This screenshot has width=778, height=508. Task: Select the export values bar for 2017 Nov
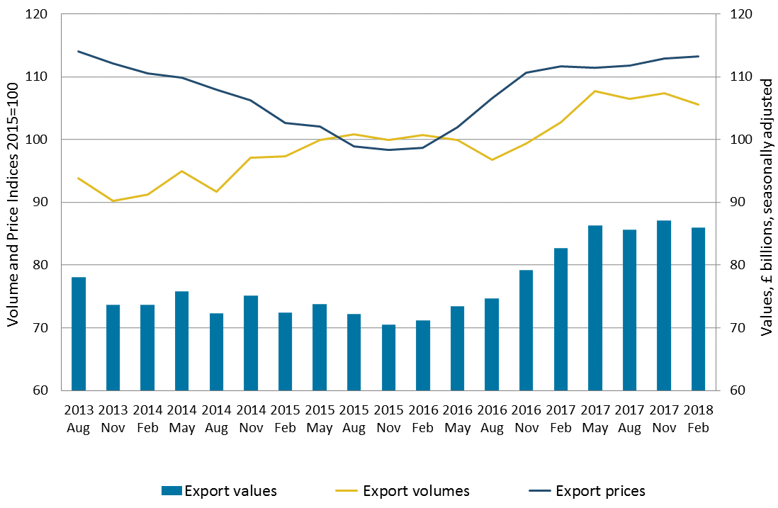pos(664,305)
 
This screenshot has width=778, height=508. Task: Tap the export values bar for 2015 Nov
pos(388,358)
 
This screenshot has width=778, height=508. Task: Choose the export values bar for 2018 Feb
pos(698,309)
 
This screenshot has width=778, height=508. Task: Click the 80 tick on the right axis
pos(733,265)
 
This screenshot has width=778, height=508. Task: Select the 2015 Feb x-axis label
pos(285,419)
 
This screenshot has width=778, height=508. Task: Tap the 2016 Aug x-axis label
pos(492,419)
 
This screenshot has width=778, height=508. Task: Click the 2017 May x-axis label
pos(595,419)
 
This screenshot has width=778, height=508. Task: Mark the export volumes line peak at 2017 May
pos(595,91)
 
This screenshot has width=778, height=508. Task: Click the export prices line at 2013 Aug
pos(78,51)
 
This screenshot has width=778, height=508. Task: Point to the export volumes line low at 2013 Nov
pos(113,201)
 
